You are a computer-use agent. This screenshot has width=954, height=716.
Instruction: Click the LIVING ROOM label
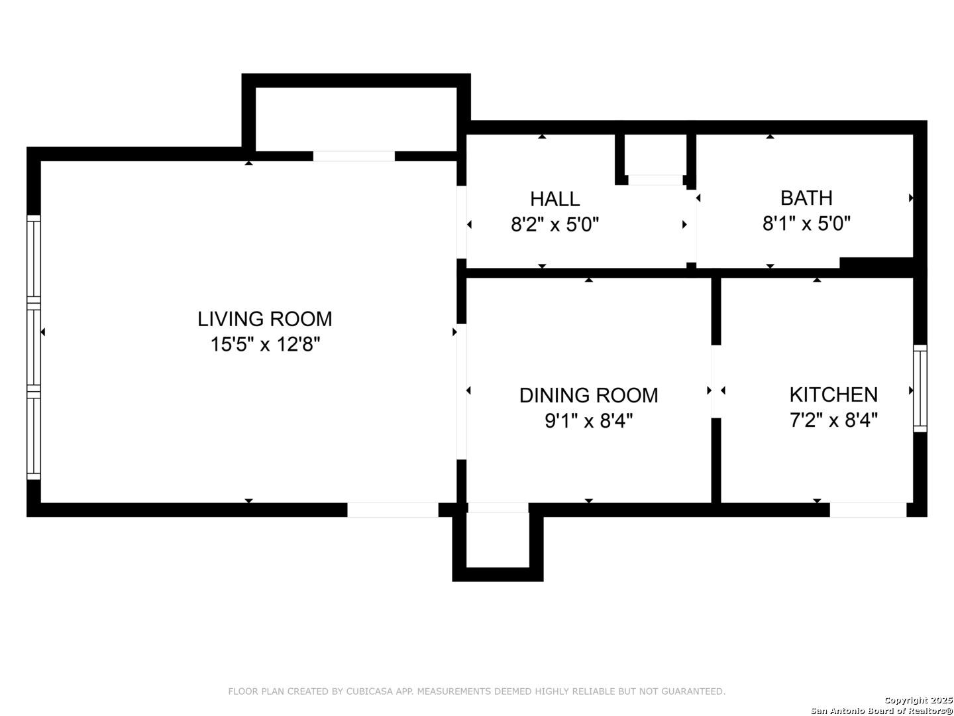point(264,319)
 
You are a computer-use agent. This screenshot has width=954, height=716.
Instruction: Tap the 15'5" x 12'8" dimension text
point(265,345)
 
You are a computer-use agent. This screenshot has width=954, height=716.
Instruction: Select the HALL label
point(555,199)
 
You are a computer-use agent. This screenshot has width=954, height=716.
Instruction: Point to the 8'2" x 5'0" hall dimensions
point(555,225)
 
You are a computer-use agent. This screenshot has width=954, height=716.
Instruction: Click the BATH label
point(806,198)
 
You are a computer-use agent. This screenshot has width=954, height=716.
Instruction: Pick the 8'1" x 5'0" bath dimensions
point(806,224)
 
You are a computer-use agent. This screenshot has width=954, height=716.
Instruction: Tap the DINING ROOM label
point(588,395)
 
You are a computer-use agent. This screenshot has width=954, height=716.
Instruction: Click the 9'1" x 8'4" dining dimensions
point(588,421)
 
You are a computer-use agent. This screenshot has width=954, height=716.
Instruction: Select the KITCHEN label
point(833,394)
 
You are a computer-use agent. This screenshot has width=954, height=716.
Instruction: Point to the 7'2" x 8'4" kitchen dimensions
point(833,420)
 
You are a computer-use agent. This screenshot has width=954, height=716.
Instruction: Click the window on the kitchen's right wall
point(920,388)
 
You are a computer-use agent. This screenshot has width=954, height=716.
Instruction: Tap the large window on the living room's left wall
point(34,347)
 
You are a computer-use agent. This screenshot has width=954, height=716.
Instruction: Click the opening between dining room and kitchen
point(715,381)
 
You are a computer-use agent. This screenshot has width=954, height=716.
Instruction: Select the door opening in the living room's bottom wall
point(392,510)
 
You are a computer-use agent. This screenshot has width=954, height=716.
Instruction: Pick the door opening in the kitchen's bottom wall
point(868,510)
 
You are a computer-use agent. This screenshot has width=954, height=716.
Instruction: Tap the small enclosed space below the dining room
point(498,542)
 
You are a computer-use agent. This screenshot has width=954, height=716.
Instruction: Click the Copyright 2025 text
point(918,700)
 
